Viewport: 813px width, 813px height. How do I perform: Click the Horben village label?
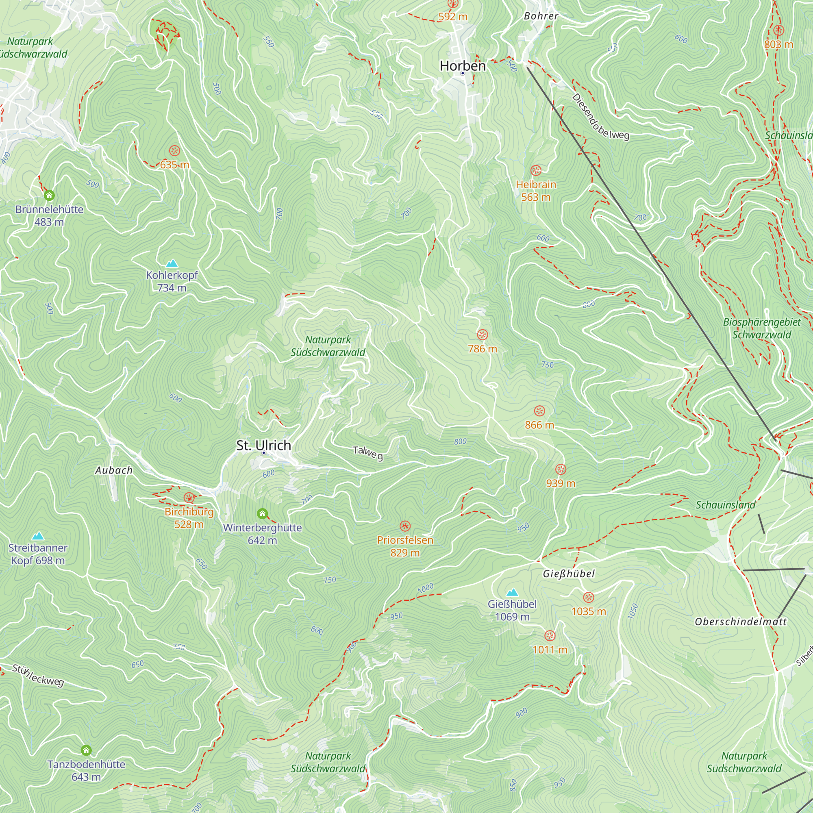tap(463, 66)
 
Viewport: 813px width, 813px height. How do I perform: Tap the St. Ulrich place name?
tap(263, 445)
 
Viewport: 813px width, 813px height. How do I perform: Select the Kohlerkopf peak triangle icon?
tap(171, 264)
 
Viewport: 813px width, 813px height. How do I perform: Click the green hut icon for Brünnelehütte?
tap(49, 195)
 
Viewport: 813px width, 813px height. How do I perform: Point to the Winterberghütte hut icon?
tap(262, 513)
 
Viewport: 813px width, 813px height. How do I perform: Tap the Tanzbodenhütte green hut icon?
tap(86, 750)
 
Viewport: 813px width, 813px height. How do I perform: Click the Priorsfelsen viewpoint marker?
tap(405, 526)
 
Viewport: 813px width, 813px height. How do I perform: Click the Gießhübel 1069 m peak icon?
tap(512, 593)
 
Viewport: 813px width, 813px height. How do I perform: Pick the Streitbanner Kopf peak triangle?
tap(38, 536)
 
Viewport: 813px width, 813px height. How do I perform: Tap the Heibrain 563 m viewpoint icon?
tap(536, 170)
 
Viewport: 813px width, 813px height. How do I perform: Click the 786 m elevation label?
tap(482, 348)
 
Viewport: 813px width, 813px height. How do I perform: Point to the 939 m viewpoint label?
tap(561, 483)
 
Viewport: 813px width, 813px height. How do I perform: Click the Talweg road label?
tap(368, 453)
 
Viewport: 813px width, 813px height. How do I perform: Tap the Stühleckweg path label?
tap(38, 675)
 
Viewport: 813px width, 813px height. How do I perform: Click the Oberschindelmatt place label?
tap(740, 622)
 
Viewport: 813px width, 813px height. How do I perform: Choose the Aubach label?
tap(114, 470)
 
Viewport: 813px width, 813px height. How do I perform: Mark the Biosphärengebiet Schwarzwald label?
tap(762, 328)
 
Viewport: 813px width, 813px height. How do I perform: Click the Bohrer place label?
tap(541, 16)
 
